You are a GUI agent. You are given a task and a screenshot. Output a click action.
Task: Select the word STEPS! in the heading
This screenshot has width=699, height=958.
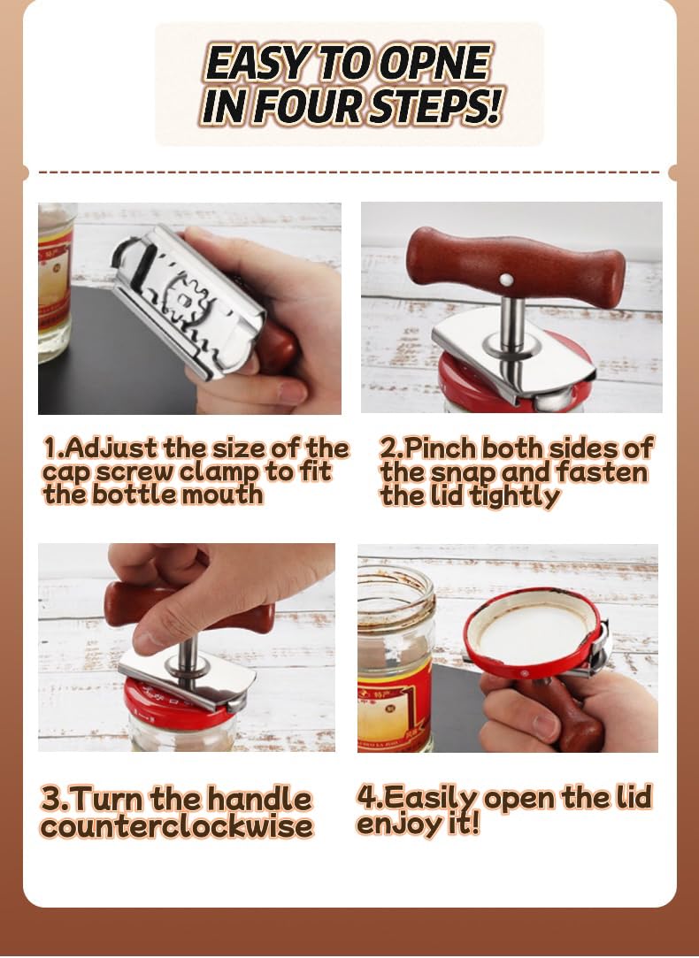point(442,105)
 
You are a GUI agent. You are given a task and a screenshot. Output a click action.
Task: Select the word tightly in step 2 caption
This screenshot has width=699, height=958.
point(515,496)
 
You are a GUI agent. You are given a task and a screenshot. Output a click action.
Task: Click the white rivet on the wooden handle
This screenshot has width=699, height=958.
point(506,280)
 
